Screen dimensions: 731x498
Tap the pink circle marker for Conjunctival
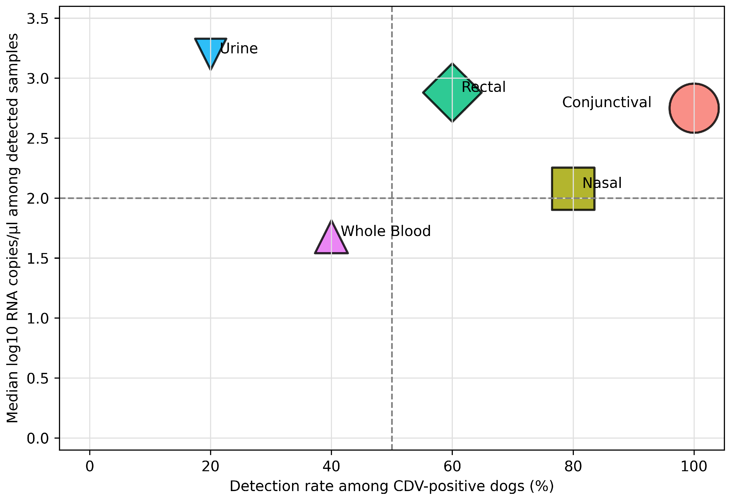(694, 108)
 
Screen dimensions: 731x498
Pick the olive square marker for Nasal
(573, 189)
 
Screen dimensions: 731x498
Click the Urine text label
(239, 48)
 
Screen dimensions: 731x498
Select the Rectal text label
(484, 87)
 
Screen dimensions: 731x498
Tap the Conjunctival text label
(607, 102)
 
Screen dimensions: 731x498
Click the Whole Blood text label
(386, 231)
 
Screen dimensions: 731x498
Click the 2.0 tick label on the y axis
(38, 198)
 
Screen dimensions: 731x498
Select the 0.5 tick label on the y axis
(38, 378)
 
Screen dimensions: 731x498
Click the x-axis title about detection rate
(392, 486)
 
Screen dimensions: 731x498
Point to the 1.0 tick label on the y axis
(38, 318)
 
